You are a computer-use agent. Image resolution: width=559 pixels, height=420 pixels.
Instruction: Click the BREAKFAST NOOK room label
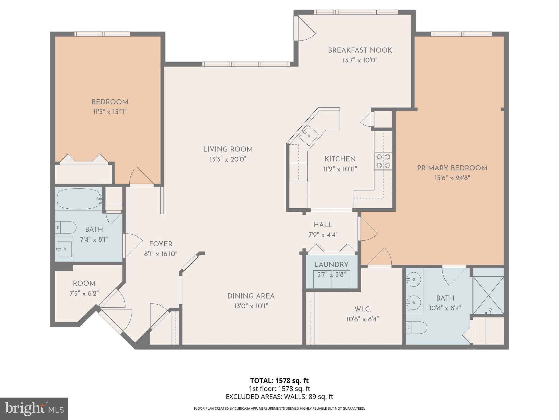click(x=359, y=50)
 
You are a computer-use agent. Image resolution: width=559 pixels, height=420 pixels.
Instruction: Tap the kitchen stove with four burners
click(x=383, y=161)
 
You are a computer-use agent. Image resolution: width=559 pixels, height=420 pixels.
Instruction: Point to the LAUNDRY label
click(x=331, y=265)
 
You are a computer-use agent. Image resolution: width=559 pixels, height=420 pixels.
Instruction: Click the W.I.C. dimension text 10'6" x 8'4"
click(x=362, y=319)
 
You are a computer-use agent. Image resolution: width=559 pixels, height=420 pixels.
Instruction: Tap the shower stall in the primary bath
click(x=488, y=295)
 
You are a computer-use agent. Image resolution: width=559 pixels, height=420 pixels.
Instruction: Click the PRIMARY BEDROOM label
click(x=452, y=168)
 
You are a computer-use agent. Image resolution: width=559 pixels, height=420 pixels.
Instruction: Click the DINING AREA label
click(x=251, y=296)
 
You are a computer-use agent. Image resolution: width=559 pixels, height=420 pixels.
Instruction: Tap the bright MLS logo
click(x=34, y=409)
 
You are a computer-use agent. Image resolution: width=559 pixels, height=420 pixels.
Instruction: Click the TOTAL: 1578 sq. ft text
click(x=279, y=381)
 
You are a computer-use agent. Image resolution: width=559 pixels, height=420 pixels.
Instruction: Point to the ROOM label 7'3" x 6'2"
click(x=84, y=293)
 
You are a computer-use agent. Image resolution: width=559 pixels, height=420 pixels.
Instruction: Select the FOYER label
click(x=160, y=244)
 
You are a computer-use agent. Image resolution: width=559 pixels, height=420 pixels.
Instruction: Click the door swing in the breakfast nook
click(x=305, y=29)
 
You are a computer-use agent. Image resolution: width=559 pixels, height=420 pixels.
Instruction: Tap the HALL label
click(x=323, y=225)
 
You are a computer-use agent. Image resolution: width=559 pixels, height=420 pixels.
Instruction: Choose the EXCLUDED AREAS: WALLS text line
click(x=279, y=397)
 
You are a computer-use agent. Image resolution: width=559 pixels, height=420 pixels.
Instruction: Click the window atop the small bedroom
click(x=102, y=34)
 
